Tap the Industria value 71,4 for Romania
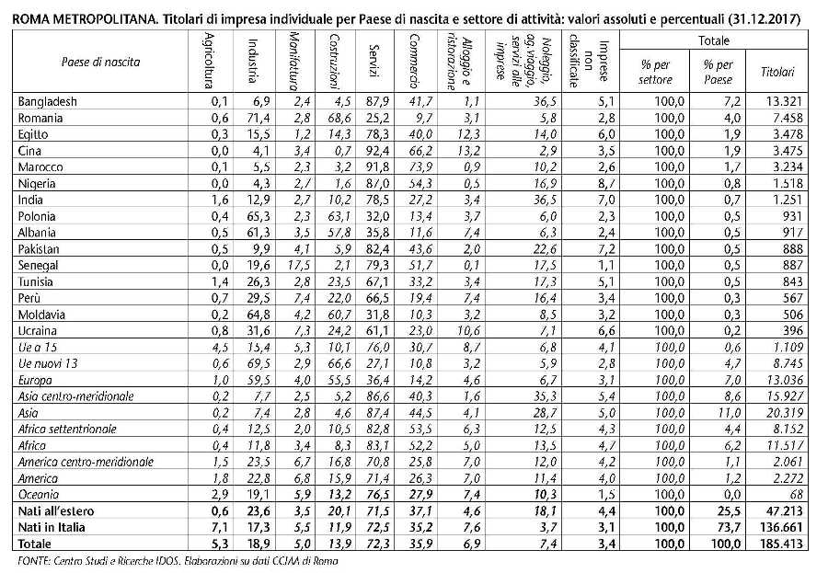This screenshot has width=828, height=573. pyautogui.click(x=257, y=118)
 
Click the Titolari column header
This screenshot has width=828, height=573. pyautogui.click(x=776, y=71)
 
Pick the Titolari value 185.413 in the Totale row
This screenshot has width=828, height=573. pyautogui.click(x=773, y=544)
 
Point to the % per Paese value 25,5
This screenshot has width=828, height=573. pyautogui.click(x=720, y=510)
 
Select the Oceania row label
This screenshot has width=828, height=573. pyautogui.click(x=40, y=494)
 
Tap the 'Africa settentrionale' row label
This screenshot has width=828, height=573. pyautogui.click(x=67, y=428)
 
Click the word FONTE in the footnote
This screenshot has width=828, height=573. pyautogui.click(x=33, y=560)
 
